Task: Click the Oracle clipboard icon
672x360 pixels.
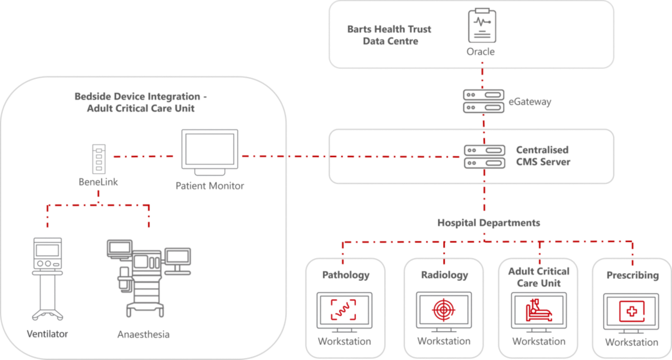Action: click(481, 26)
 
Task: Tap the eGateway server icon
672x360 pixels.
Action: click(482, 101)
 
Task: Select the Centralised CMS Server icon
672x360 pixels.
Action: click(482, 156)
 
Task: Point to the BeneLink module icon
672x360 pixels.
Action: click(98, 160)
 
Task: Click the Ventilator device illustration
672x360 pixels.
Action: click(47, 278)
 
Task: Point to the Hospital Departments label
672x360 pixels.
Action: click(488, 223)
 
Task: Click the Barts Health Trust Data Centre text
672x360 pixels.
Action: click(390, 35)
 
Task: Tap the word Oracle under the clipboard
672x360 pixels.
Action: click(481, 52)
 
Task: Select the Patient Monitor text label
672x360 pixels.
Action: click(209, 186)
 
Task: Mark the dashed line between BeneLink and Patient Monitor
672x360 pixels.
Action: click(143, 156)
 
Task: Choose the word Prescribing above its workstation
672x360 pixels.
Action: click(632, 276)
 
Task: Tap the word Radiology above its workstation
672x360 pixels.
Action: click(444, 275)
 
